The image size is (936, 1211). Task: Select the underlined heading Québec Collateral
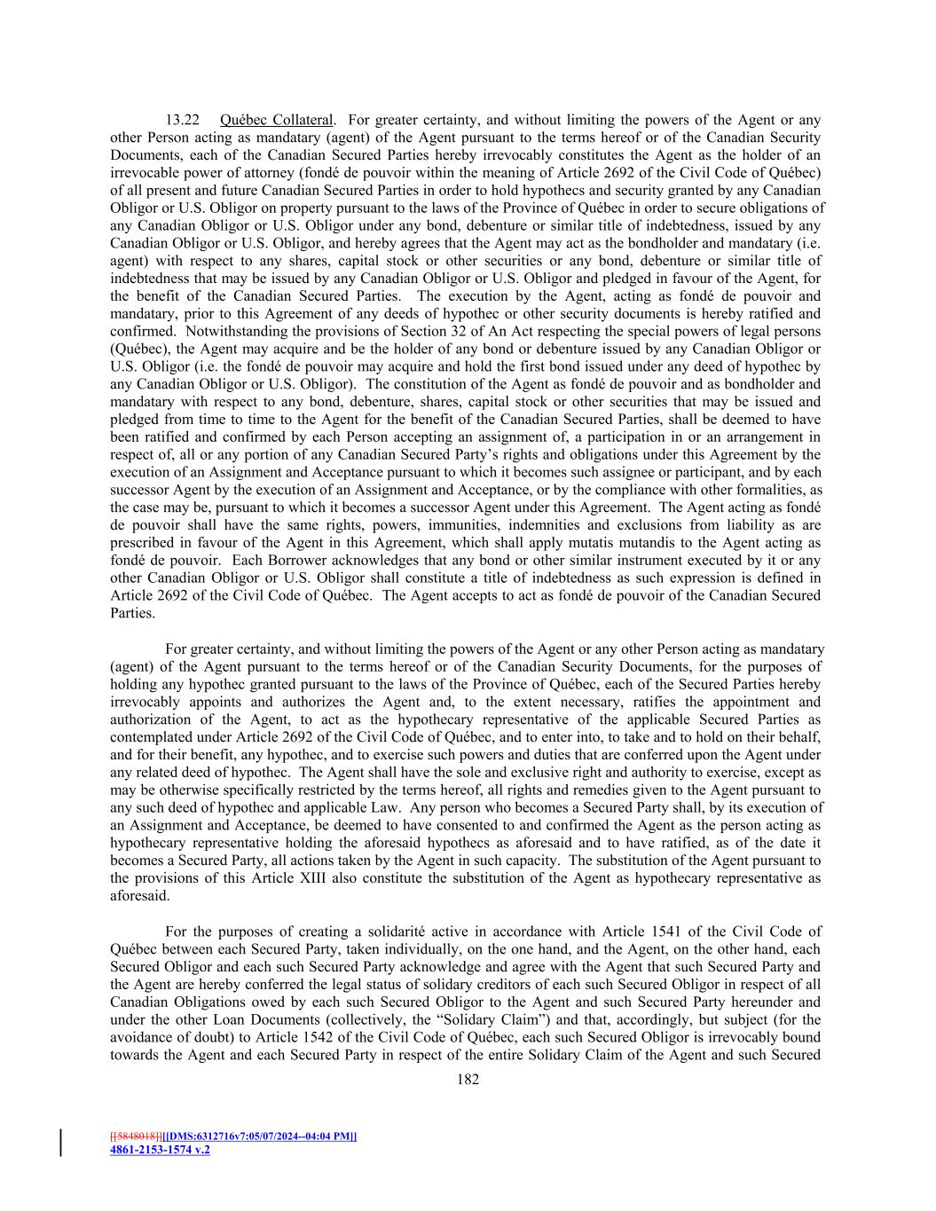click(277, 120)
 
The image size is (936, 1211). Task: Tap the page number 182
click(468, 1079)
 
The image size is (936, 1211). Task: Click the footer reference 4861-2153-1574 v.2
click(160, 1150)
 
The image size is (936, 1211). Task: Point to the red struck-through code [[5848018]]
click(136, 1136)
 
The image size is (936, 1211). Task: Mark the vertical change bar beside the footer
click(61, 1143)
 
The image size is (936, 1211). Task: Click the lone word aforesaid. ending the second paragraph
click(139, 896)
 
